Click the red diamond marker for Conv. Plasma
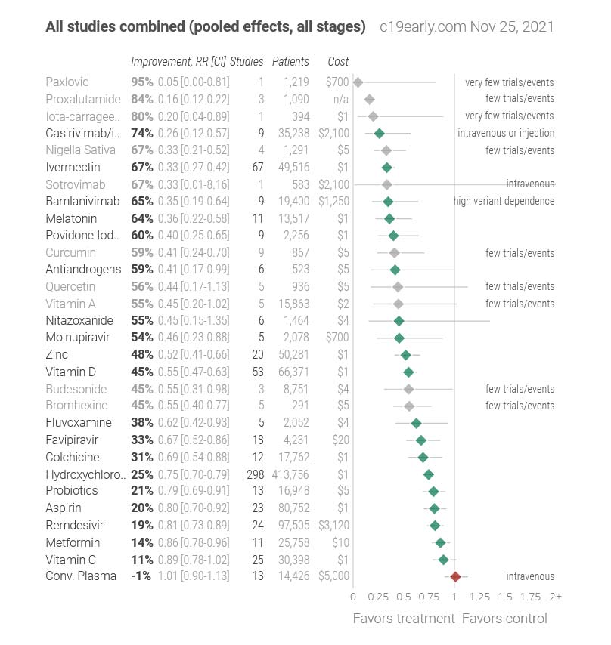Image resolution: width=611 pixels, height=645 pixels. click(455, 576)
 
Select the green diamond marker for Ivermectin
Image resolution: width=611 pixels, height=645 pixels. click(387, 167)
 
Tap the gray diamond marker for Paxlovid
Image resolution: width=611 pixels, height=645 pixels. click(358, 82)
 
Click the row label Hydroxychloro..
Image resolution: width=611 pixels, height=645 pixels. click(86, 474)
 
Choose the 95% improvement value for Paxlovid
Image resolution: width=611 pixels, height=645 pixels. click(142, 82)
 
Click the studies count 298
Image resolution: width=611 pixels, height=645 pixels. click(255, 474)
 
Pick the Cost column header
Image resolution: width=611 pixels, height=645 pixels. click(338, 61)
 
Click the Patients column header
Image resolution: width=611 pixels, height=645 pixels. click(290, 61)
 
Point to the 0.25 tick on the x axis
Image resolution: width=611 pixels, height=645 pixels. click(378, 597)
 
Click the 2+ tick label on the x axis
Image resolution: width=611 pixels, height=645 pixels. click(556, 597)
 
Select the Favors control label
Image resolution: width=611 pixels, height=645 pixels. click(504, 619)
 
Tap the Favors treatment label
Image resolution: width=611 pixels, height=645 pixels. click(404, 619)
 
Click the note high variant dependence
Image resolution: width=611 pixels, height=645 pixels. click(504, 201)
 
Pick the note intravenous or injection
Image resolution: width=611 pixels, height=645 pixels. click(506, 133)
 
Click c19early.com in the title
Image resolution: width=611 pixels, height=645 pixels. click(422, 27)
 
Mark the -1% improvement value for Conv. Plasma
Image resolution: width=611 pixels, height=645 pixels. click(142, 576)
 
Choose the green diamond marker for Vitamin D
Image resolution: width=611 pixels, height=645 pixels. click(408, 372)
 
